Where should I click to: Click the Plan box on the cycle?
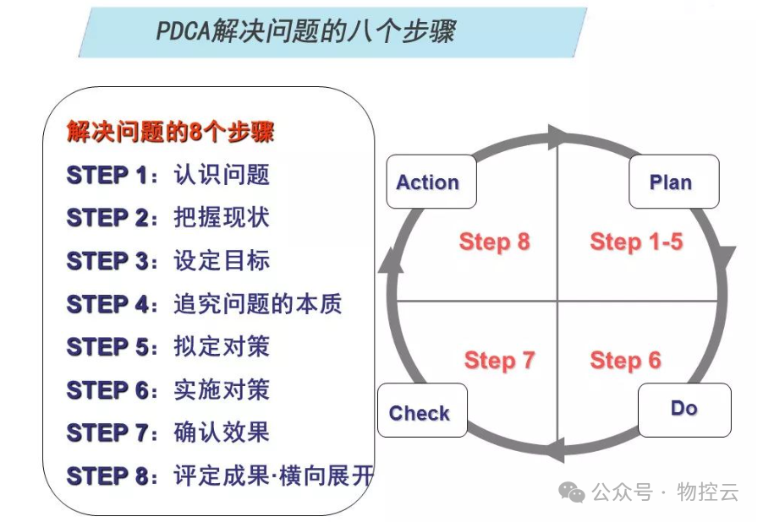click(673, 182)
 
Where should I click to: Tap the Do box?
click(683, 409)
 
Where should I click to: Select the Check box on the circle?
click(421, 412)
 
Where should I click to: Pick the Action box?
click(431, 182)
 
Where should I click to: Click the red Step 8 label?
click(494, 242)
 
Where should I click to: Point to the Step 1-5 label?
click(636, 242)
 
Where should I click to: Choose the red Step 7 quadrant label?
click(499, 361)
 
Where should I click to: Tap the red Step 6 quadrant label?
click(625, 361)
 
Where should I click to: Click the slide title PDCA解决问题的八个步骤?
click(305, 32)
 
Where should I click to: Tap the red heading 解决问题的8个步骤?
click(170, 132)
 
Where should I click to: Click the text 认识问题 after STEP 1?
click(222, 175)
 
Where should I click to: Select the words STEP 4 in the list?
click(107, 303)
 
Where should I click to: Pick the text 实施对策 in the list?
click(222, 389)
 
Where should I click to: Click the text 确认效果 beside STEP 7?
click(222, 432)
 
